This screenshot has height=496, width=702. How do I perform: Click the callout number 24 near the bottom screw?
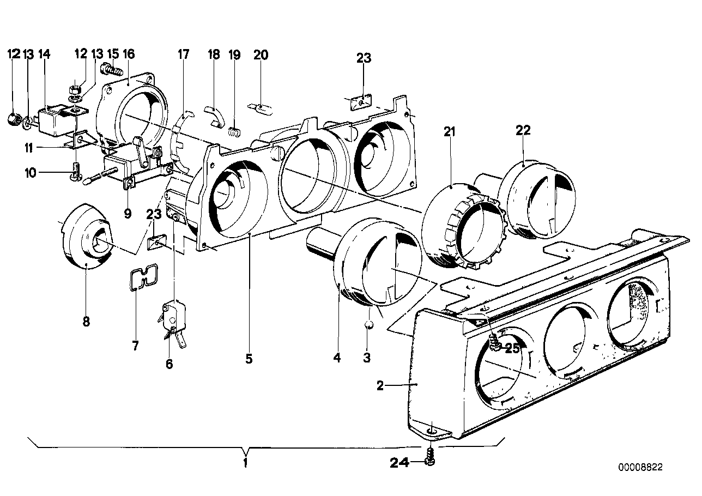tap(400, 463)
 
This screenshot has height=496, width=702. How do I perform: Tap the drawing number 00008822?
tap(642, 467)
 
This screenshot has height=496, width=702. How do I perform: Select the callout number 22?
tap(523, 130)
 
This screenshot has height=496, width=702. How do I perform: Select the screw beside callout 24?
tap(431, 457)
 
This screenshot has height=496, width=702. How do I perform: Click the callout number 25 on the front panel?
tap(512, 349)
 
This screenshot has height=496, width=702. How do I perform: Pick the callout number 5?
tap(249, 359)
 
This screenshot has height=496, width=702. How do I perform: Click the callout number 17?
tap(183, 55)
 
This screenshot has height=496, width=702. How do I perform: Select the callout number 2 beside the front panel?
tap(380, 386)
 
